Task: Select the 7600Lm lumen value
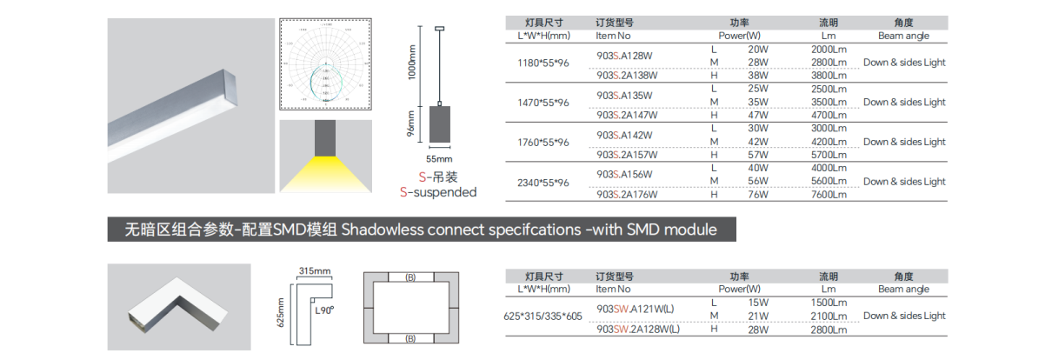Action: tap(828, 195)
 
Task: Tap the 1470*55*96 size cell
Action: tap(543, 103)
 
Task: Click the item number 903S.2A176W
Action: tap(627, 195)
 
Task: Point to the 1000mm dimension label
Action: tap(413, 63)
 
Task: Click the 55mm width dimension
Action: tap(439, 159)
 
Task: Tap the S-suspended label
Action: tap(438, 192)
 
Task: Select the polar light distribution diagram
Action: tap(325, 65)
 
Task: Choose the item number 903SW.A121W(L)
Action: tap(638, 309)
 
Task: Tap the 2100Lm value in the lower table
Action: tap(828, 316)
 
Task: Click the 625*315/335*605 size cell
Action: tap(543, 317)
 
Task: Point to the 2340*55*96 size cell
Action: tap(543, 183)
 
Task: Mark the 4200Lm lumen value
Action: tap(828, 142)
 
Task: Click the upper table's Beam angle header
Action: tap(903, 37)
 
